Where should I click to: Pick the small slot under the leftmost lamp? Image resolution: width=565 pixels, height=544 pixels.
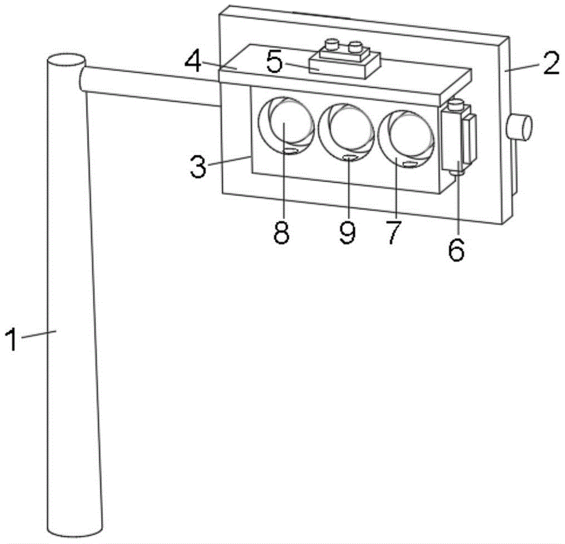(x=292, y=150)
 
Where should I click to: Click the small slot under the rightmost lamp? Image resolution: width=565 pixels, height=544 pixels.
(x=410, y=164)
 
